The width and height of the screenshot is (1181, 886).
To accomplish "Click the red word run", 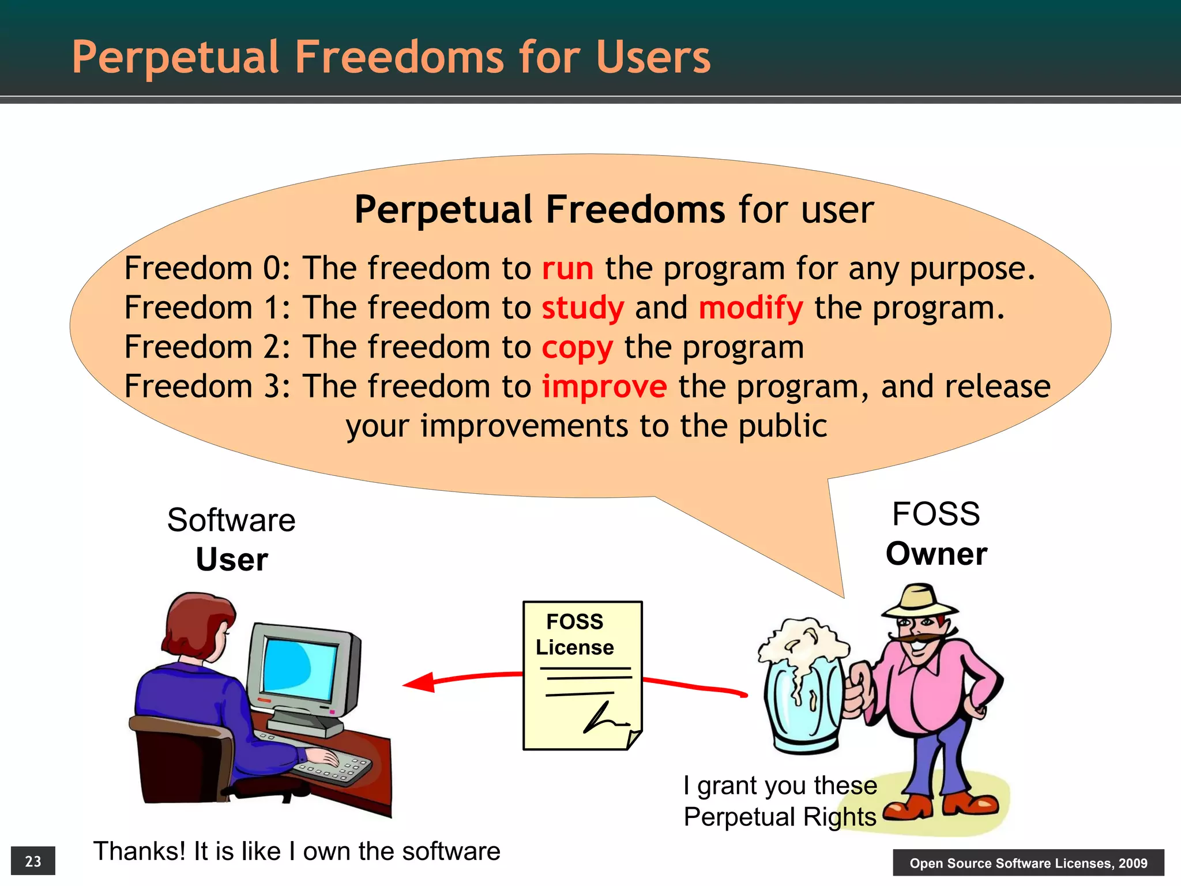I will pyautogui.click(x=567, y=269).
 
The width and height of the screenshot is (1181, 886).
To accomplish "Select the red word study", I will pyautogui.click(x=582, y=309).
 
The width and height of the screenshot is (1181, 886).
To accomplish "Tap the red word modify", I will pyautogui.click(x=750, y=309).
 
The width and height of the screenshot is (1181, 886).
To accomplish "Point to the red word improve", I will pyautogui.click(x=604, y=387).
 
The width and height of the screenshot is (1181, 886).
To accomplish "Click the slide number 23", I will pyautogui.click(x=33, y=861).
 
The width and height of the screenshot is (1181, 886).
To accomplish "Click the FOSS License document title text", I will pyautogui.click(x=574, y=635).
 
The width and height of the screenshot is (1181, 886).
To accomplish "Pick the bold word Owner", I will pyautogui.click(x=936, y=554).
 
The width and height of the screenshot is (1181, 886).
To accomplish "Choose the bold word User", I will pyautogui.click(x=232, y=560).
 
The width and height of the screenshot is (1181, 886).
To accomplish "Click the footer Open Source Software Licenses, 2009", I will pyautogui.click(x=1028, y=863).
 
